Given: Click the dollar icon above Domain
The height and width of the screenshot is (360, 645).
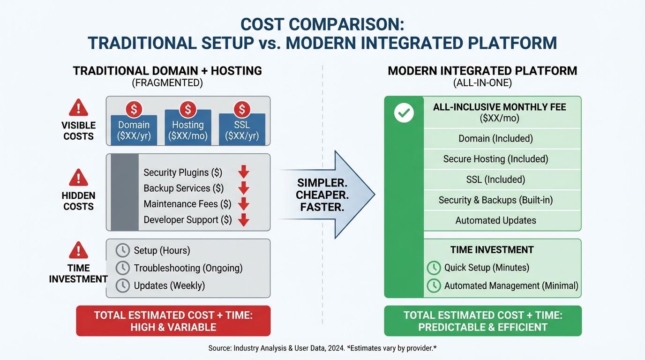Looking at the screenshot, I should [134, 110].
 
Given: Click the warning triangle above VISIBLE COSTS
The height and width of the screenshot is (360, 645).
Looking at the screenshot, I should [78, 108].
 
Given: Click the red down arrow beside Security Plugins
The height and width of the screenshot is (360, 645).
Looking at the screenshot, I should [243, 172].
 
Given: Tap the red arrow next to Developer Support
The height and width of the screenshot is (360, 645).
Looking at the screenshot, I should [243, 220].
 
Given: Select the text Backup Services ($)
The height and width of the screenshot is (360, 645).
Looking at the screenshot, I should [183, 188].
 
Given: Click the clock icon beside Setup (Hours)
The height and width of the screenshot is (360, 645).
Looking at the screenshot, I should [122, 250].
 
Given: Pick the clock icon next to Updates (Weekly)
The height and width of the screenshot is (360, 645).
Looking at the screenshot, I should [122, 285].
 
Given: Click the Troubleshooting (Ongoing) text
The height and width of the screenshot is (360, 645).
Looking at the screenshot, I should [188, 268].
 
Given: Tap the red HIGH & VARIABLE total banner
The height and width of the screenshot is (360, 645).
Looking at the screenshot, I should [173, 321].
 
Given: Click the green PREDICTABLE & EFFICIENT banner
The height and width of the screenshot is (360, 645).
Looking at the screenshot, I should [482, 321].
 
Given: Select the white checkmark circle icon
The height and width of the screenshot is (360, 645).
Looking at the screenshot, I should [404, 113].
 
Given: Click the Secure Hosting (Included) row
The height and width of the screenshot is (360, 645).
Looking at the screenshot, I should [495, 159].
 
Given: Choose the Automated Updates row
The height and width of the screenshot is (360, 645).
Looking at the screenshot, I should [495, 220].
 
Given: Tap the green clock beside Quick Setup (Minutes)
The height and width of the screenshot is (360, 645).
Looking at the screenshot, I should [434, 268].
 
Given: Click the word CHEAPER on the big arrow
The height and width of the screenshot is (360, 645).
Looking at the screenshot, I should [322, 195].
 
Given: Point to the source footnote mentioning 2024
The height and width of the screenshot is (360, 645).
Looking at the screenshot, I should [322, 348].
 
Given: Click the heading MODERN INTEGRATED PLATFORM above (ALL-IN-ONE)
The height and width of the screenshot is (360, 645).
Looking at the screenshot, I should [482, 71].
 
